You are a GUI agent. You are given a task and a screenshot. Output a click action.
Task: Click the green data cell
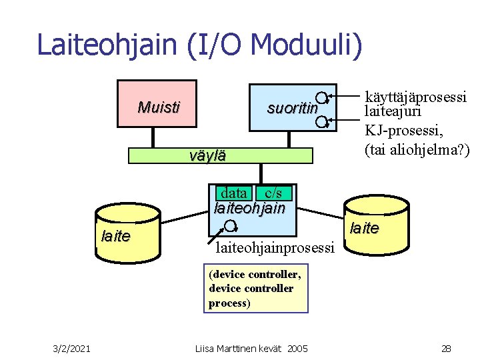(233, 193)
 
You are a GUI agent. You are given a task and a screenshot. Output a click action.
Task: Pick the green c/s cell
(273, 193)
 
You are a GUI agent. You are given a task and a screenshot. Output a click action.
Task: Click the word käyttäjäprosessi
(415, 96)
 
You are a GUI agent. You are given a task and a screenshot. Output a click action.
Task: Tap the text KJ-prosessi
(402, 131)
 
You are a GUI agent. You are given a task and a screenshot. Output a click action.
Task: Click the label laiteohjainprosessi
(275, 249)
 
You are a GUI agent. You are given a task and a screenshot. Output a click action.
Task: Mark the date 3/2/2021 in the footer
(73, 347)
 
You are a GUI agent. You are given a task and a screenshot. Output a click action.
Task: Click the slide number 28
(446, 347)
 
